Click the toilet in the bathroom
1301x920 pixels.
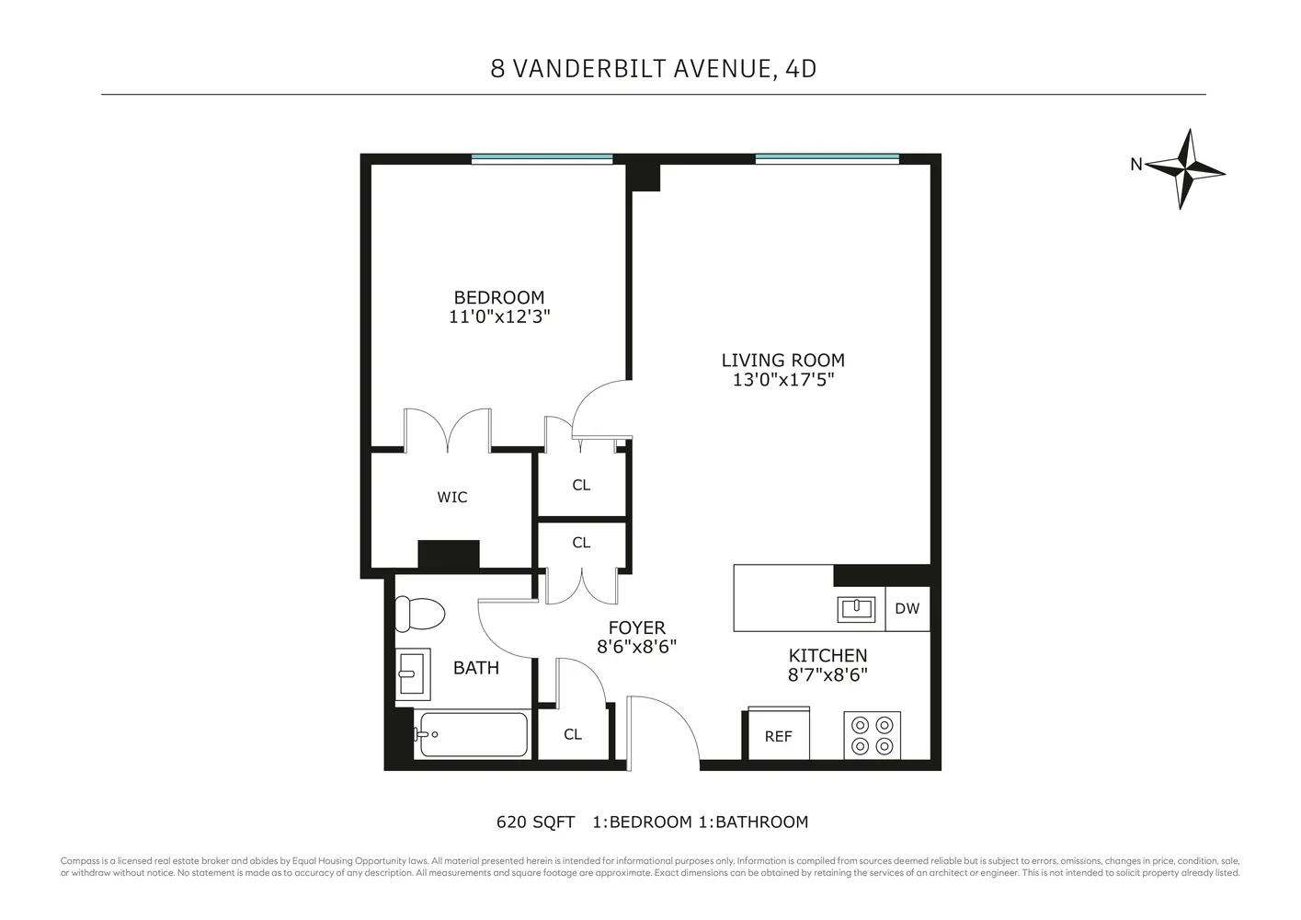(x=419, y=613)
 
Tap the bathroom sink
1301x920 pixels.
(x=412, y=673)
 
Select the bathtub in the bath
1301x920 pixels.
(x=473, y=735)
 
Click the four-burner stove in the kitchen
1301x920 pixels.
(x=872, y=735)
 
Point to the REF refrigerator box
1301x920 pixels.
(x=778, y=736)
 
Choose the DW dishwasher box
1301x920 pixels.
(x=907, y=609)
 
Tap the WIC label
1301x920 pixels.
(x=451, y=498)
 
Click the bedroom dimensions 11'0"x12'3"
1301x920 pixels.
(x=499, y=316)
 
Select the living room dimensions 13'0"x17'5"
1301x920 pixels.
(x=782, y=380)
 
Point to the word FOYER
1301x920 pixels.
(x=636, y=628)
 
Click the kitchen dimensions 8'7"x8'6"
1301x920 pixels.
(x=827, y=674)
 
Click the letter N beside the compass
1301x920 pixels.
(x=1136, y=165)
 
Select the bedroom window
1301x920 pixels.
(x=542, y=159)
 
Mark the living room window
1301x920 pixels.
(x=827, y=159)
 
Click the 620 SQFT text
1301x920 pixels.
(x=535, y=822)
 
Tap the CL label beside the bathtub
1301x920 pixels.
(x=573, y=734)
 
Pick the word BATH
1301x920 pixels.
(x=476, y=668)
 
